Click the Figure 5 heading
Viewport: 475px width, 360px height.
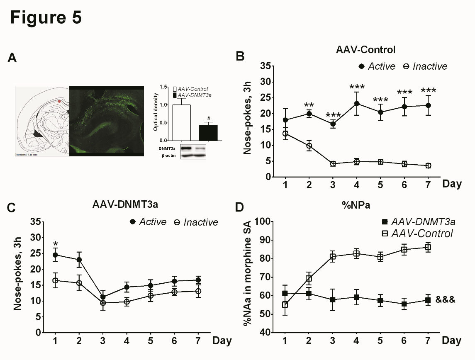click(46, 17)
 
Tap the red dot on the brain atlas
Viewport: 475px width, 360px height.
click(59, 101)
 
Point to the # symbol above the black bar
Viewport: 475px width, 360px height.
click(197, 118)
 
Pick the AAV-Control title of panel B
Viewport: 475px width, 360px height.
click(365, 50)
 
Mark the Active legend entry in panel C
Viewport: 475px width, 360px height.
click(147, 222)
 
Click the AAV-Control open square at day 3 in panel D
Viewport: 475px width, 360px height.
click(332, 256)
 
